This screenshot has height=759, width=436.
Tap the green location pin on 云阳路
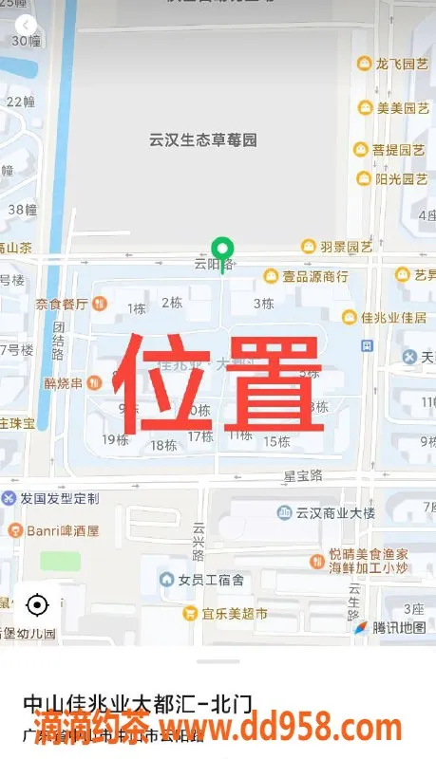click(222, 250)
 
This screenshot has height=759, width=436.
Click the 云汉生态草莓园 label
click(203, 140)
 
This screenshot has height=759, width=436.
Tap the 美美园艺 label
click(393, 108)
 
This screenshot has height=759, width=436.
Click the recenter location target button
click(37, 604)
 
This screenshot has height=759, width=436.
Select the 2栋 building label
click(172, 303)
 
